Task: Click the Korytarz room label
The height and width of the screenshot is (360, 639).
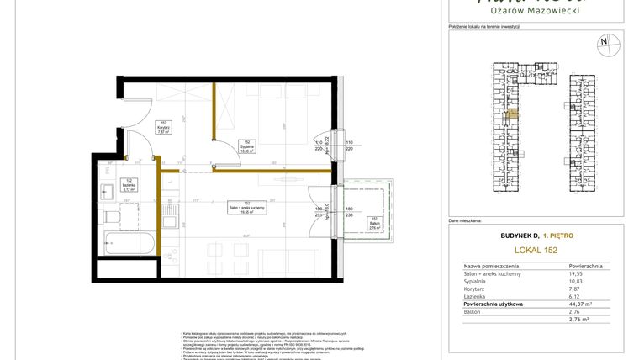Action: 162,127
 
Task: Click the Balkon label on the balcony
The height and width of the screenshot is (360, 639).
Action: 375,222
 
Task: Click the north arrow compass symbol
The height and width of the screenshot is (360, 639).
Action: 603,40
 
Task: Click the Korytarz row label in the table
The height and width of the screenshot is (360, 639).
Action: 476,289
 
